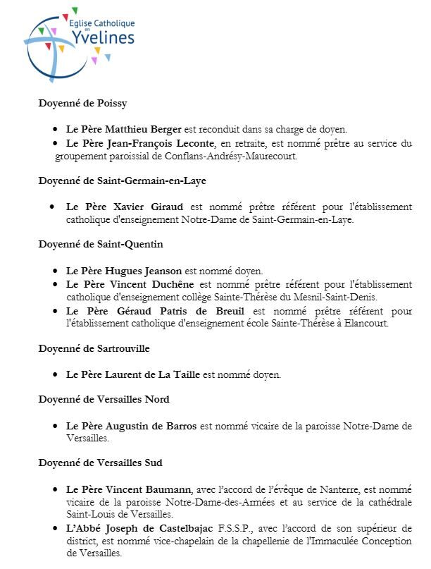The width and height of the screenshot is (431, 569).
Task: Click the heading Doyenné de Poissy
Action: tap(82, 104)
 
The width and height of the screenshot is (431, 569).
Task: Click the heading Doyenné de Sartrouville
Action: tap(94, 348)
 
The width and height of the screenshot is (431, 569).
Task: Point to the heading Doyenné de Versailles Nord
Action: tap(104, 399)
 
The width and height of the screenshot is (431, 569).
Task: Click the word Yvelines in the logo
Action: tap(104, 37)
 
